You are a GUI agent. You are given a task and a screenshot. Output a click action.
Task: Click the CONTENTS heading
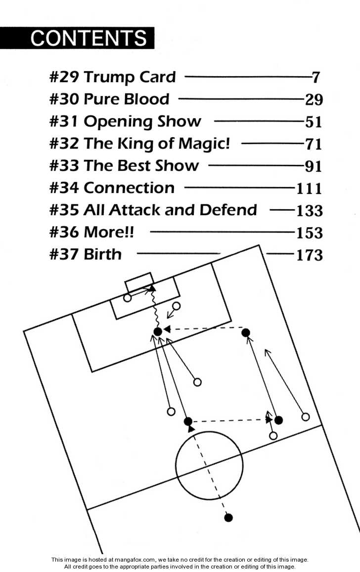(x=89, y=38)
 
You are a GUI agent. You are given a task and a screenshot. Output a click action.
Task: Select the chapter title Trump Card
(x=130, y=77)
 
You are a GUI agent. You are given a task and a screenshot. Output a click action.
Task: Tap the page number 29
(x=314, y=100)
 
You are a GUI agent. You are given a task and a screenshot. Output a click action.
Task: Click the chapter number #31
(x=64, y=122)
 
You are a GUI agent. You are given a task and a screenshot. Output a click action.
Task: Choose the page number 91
(x=314, y=167)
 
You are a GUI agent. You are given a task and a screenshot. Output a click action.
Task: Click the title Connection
(x=129, y=188)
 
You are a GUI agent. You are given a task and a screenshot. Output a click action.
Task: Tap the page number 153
(x=309, y=233)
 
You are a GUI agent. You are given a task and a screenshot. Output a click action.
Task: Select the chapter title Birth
(x=102, y=254)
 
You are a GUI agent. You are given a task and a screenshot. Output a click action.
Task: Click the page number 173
(x=309, y=255)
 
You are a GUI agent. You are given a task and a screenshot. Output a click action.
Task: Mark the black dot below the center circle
(x=228, y=518)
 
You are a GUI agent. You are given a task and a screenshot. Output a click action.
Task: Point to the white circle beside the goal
(x=128, y=298)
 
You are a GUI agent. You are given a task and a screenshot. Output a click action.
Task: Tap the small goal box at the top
(x=138, y=281)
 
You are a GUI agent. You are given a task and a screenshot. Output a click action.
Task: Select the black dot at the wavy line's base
(x=157, y=332)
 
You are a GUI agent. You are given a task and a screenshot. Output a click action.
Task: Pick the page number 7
(x=316, y=78)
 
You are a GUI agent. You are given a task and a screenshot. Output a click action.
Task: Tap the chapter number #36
(x=64, y=232)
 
